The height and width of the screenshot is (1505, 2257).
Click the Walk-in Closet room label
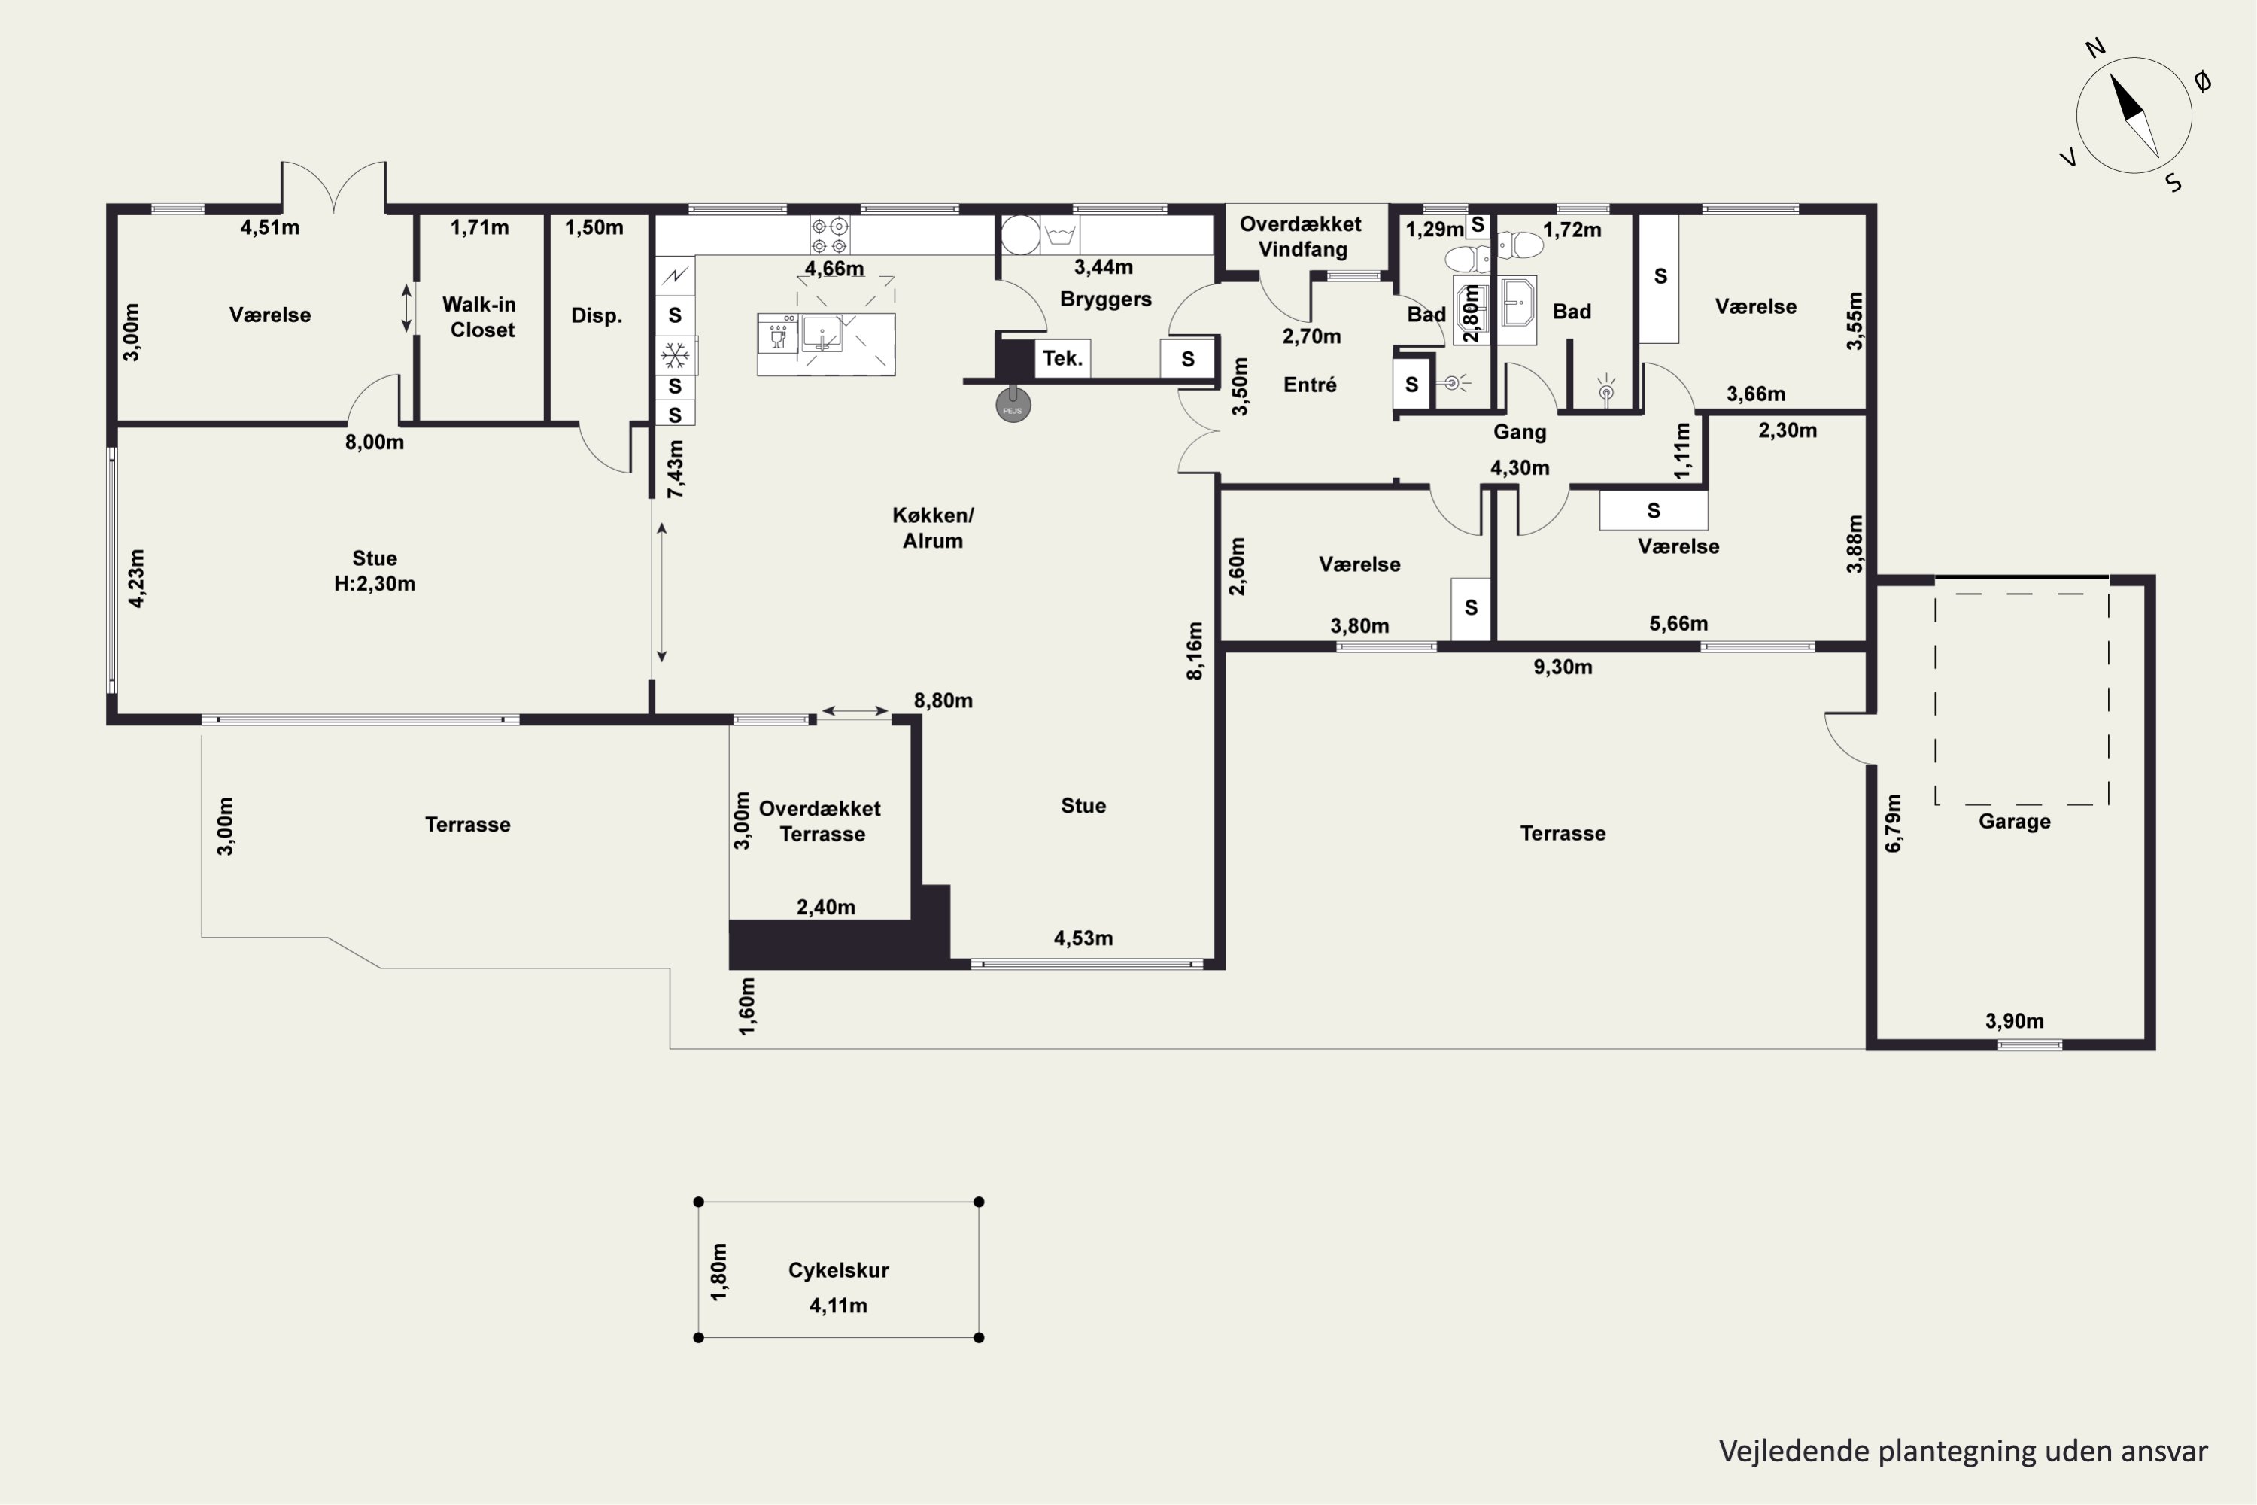coord(480,317)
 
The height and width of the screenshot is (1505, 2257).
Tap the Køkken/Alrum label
coord(933,528)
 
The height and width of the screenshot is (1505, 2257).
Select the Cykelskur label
coord(839,1270)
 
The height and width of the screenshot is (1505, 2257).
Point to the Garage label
coord(2014,822)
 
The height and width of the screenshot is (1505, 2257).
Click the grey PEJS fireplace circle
coord(1013,405)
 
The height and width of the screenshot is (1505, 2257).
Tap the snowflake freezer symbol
coord(676,356)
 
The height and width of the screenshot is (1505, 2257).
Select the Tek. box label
coord(1062,359)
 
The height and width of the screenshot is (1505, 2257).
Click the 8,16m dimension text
coord(1195,651)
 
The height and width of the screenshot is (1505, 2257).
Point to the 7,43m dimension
coord(676,468)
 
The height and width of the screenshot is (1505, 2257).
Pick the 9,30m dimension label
coord(1563,667)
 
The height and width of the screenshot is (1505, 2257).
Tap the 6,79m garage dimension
coord(1892,822)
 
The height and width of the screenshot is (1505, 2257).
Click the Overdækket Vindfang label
coord(1302,236)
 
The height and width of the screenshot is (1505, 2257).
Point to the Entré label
coord(1310,385)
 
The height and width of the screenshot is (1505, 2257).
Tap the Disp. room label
coord(596,316)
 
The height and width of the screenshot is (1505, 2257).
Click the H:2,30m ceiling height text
coord(374,584)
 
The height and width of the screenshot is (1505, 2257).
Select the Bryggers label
coord(1105,299)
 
